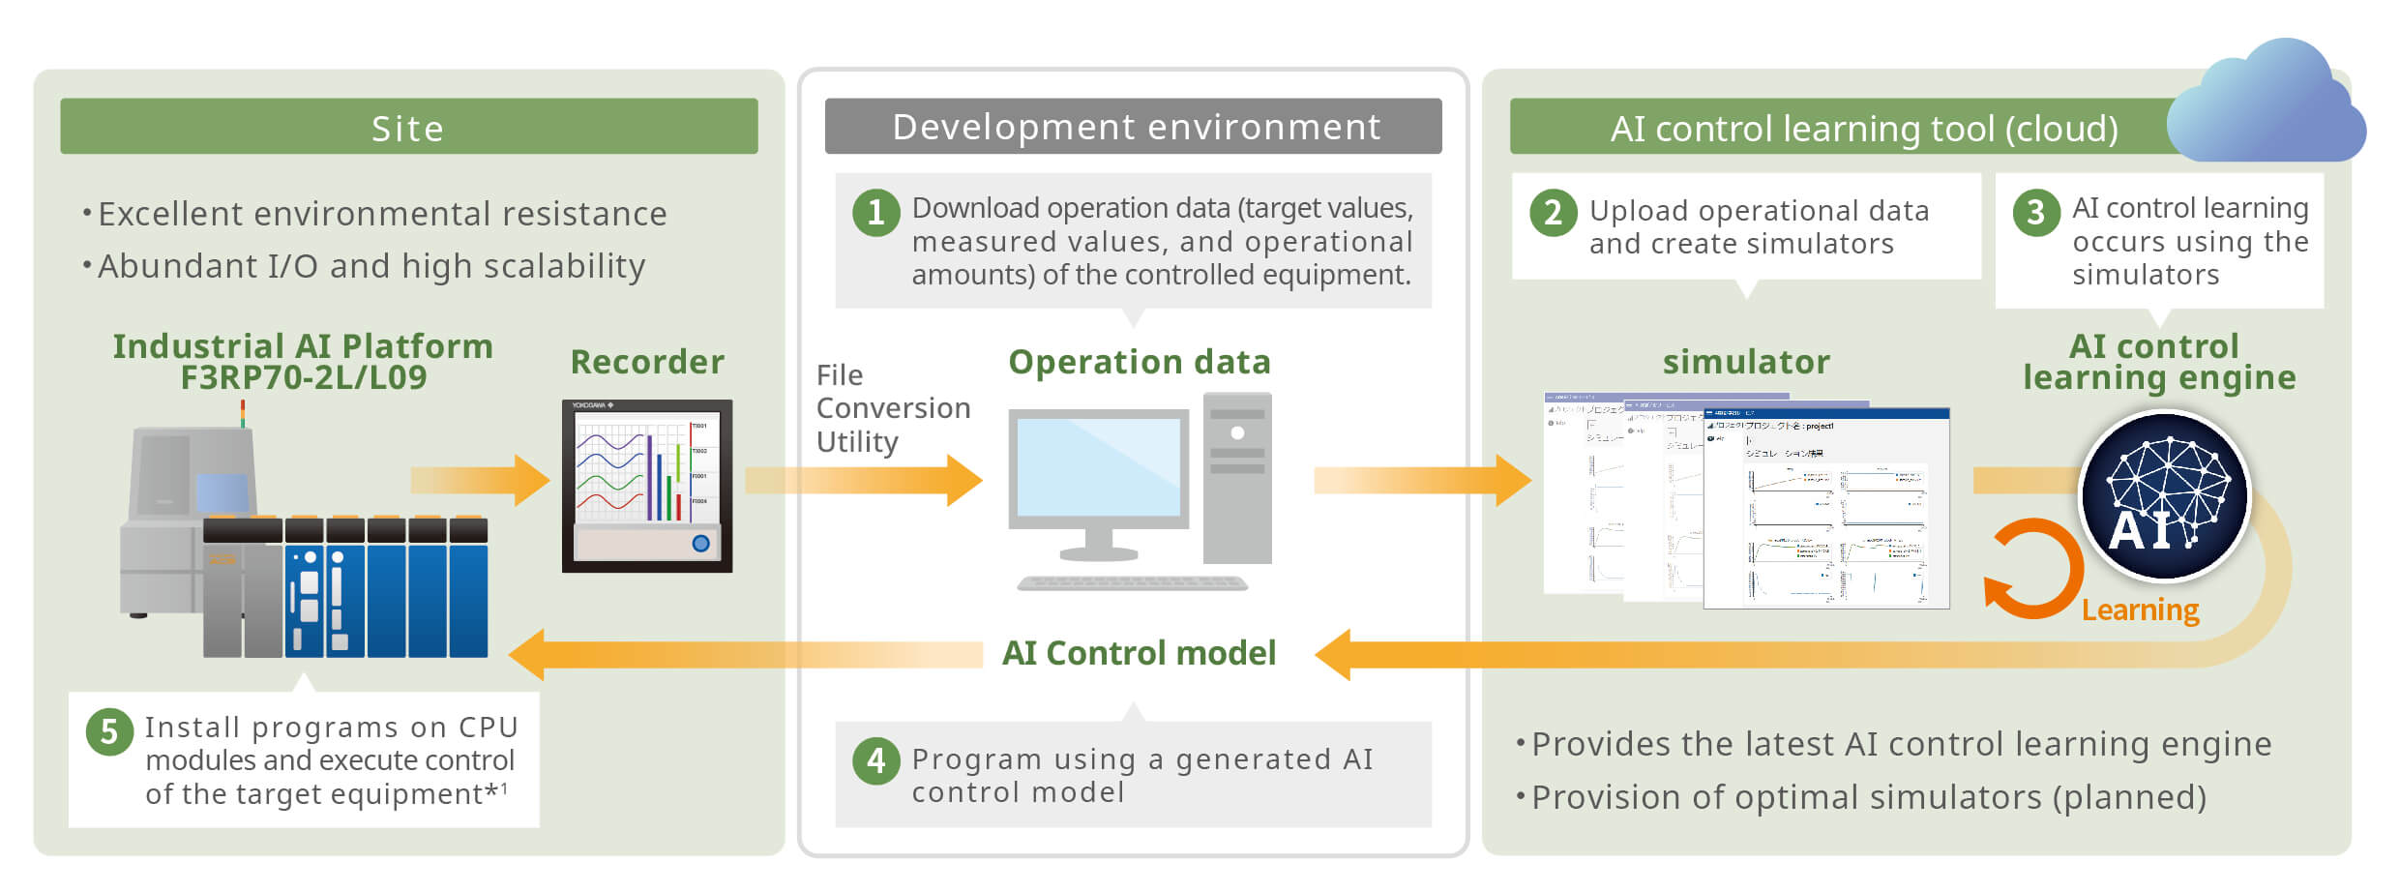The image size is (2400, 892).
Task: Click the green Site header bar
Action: (408, 127)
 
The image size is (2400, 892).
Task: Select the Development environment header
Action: (1133, 127)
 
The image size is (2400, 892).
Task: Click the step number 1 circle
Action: (875, 212)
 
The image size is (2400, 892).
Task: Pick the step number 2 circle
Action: (1553, 212)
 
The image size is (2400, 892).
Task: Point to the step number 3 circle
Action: (2035, 212)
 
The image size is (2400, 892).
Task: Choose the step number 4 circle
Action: (875, 760)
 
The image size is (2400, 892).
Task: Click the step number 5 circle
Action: (109, 732)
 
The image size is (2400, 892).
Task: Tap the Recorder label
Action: (646, 362)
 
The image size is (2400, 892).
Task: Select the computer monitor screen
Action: (1098, 466)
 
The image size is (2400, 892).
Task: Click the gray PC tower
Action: (1236, 478)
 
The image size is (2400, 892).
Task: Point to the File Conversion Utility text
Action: (892, 408)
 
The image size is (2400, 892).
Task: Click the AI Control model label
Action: (1139, 653)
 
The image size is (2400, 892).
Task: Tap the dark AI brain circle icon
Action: (2165, 495)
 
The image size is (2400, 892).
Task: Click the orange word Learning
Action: (2140, 610)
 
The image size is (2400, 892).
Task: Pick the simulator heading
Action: (1745, 362)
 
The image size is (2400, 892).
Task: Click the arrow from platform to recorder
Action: (480, 480)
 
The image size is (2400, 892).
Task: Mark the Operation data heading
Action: (1139, 362)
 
